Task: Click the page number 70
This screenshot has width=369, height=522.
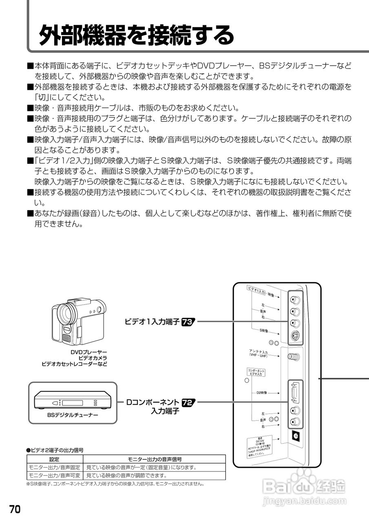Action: (15, 509)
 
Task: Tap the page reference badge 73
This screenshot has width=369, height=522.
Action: (188, 321)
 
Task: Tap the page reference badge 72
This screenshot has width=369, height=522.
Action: (188, 402)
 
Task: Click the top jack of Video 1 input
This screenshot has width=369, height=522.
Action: (296, 299)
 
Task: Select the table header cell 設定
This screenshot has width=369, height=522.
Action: (54, 459)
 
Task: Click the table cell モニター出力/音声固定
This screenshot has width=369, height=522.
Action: (54, 467)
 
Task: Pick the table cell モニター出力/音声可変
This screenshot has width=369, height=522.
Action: (54, 476)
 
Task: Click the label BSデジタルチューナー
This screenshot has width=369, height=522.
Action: (72, 415)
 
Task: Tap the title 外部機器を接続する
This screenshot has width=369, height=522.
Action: (136, 35)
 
